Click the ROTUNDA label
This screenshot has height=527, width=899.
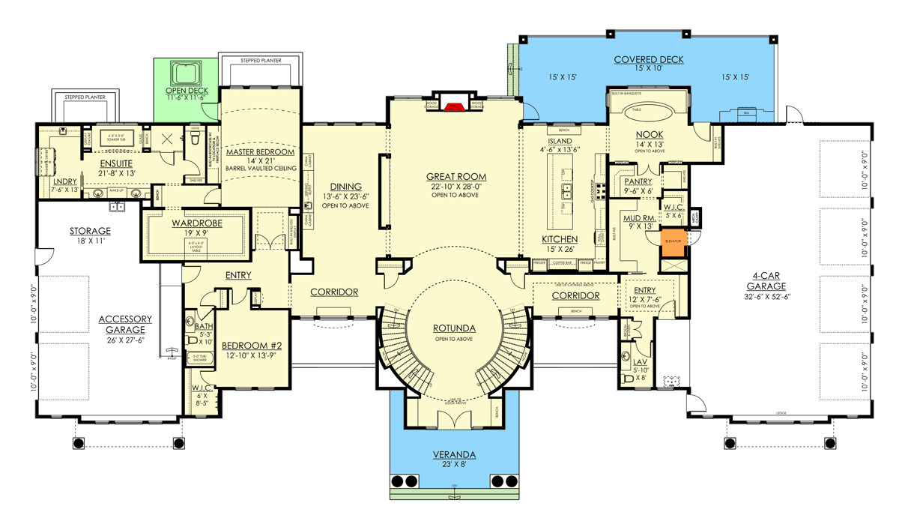coord(454,328)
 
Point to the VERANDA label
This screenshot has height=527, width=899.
coord(454,455)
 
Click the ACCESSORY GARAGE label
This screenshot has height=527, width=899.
coord(125,323)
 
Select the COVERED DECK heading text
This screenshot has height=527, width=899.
coord(648,60)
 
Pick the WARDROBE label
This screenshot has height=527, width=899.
coord(194,223)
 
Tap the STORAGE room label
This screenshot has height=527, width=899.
coord(90,231)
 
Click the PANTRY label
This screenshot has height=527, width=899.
coord(638,181)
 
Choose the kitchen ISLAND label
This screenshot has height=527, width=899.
coord(560,141)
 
